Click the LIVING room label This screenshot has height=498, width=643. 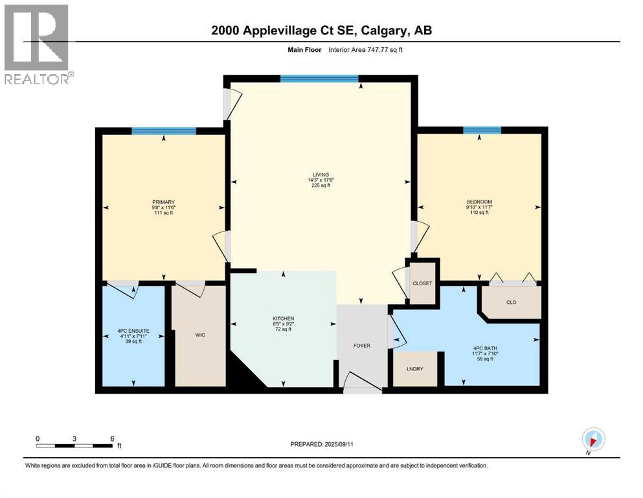tap(320, 174)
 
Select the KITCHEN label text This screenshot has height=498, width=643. tap(284, 318)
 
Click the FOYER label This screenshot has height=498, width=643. tap(361, 346)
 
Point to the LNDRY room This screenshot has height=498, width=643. tap(414, 369)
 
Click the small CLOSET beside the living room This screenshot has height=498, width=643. tap(422, 283)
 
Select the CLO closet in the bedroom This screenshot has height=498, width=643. tap(510, 302)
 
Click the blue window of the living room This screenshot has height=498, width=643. tap(319, 79)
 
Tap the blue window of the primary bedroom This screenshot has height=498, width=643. tap(163, 131)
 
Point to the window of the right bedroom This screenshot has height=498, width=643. tap(482, 130)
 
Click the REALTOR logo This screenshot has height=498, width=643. tap(37, 44)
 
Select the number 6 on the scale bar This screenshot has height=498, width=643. tap(112, 438)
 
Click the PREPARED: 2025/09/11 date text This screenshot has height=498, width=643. tap(321, 444)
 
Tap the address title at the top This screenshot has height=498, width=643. tap(321, 30)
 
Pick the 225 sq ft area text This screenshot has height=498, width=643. tap(320, 185)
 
